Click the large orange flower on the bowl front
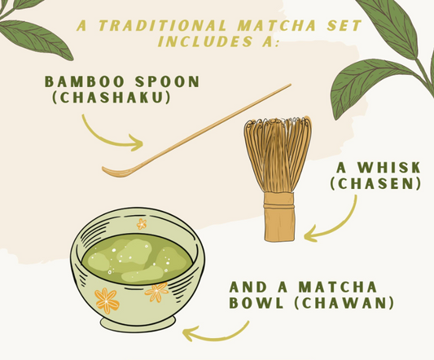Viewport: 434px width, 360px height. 107,301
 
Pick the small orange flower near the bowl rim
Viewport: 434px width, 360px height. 142,223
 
